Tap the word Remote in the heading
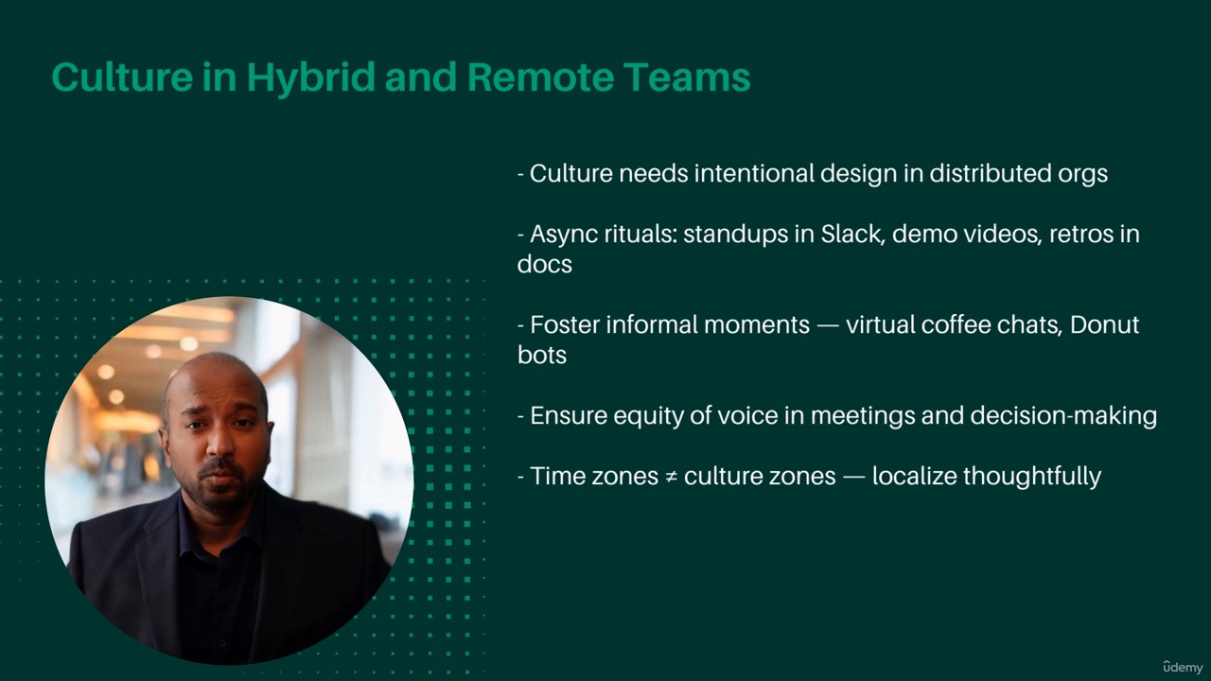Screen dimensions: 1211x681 (x=540, y=78)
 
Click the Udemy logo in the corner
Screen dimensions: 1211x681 (x=1184, y=667)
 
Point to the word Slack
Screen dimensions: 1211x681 (x=852, y=234)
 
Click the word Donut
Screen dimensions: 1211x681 (x=1104, y=324)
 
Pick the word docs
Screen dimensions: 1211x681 (x=544, y=264)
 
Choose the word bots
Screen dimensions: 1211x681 (x=542, y=355)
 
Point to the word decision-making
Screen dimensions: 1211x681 (x=1063, y=417)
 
